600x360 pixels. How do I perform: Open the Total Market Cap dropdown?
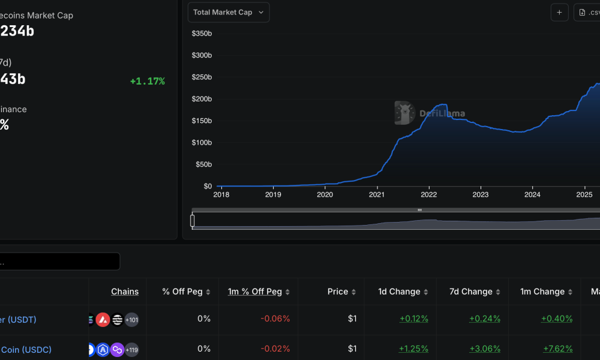point(229,13)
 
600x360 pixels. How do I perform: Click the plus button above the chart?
point(559,13)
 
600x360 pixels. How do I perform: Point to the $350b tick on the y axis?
point(202,34)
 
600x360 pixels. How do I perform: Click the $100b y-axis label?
point(202,143)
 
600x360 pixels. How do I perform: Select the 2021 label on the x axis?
point(377,194)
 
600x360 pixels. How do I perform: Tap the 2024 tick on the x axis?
point(532,194)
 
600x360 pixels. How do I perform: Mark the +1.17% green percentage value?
point(147,81)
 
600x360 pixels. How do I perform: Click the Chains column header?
point(125,292)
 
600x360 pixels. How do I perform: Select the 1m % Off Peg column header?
point(254,292)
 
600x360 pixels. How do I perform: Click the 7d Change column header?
point(471,292)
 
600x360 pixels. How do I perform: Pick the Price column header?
point(338,292)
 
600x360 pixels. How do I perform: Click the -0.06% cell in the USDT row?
point(275,319)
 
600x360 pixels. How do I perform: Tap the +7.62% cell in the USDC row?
point(557,349)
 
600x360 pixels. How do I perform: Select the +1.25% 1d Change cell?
point(413,349)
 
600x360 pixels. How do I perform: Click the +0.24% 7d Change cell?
point(485,319)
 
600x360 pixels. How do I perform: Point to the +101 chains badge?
point(131,320)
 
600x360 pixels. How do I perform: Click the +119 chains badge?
point(131,350)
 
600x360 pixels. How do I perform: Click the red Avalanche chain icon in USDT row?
point(103,320)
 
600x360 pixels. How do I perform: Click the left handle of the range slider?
point(193,221)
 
